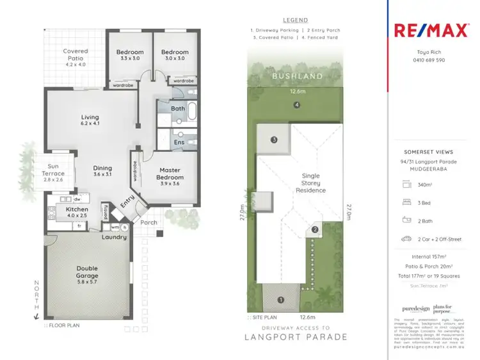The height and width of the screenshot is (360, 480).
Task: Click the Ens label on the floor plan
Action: [180, 142]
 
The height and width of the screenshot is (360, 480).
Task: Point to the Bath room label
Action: [179, 110]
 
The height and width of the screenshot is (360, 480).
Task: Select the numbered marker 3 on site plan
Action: [273, 139]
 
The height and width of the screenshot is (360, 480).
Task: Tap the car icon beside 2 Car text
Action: [406, 239]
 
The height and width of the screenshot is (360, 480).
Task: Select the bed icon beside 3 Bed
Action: [406, 202]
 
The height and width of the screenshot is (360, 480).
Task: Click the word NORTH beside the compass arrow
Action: [37, 295]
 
